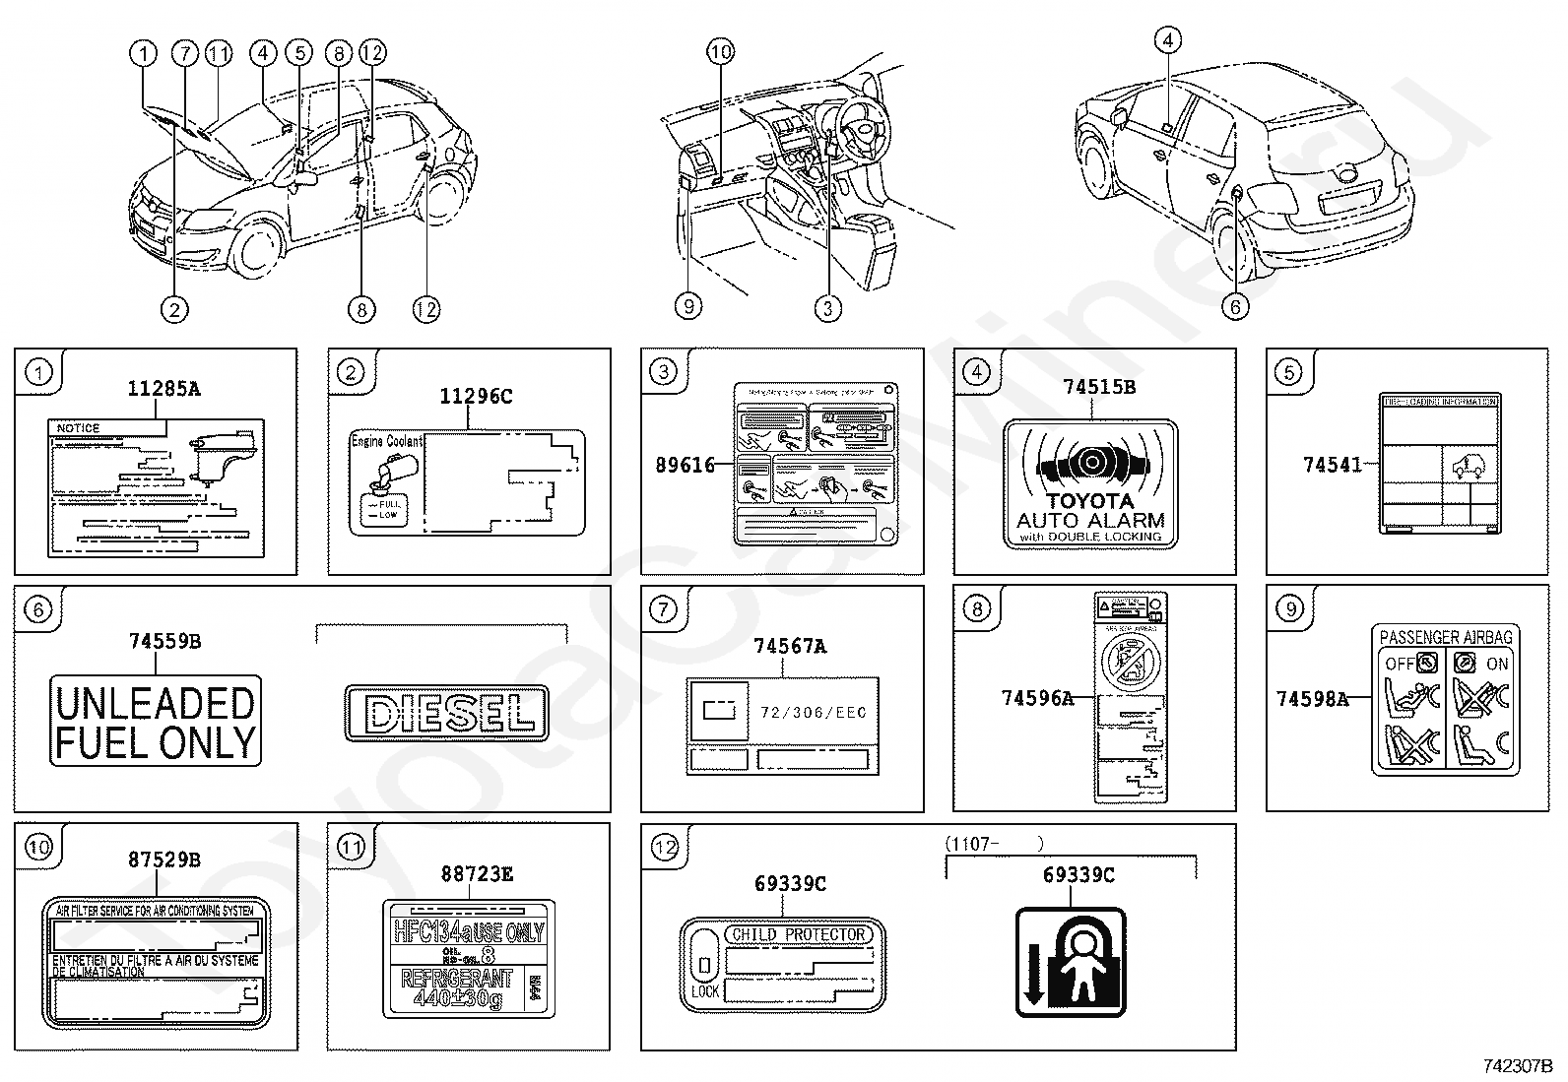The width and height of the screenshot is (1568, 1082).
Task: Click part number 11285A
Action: (x=163, y=389)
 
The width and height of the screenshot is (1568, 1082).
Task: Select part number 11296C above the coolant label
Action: (x=476, y=397)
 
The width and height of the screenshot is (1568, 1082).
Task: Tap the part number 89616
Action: (x=686, y=465)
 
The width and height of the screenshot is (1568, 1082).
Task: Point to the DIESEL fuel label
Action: (x=445, y=711)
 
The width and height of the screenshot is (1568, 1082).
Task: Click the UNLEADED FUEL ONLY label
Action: (x=156, y=722)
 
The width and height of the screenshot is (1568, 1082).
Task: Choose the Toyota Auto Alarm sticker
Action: (x=1090, y=483)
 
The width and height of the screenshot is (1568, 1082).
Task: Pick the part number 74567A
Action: (x=790, y=647)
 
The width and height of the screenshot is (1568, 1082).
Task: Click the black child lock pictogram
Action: (x=1071, y=962)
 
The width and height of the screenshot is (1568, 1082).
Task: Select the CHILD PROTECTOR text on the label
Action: (x=798, y=933)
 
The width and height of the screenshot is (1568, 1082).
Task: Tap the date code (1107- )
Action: (x=994, y=844)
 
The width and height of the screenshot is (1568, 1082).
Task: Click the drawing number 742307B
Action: (x=1518, y=1066)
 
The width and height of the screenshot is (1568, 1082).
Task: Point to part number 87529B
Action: (x=163, y=859)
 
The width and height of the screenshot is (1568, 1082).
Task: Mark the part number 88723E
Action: (x=477, y=873)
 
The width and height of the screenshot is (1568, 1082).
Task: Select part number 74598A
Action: (x=1312, y=699)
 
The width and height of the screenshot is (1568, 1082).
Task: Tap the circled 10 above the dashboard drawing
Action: (x=721, y=52)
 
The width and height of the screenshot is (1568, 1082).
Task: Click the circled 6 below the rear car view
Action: (x=1235, y=307)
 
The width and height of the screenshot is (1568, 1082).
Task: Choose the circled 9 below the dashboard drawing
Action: (x=688, y=307)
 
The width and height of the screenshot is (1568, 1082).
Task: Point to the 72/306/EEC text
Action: (x=813, y=712)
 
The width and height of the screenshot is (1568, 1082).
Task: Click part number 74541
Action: (x=1333, y=465)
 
